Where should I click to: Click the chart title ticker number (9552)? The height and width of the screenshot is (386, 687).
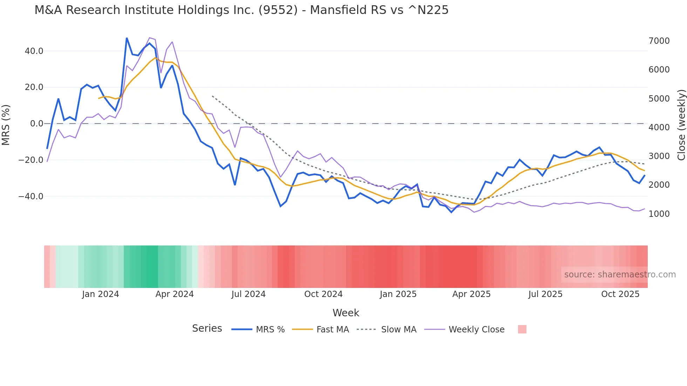(278, 10)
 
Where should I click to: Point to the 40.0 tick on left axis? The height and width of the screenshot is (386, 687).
(34, 51)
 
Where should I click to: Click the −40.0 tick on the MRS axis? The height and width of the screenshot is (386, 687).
(31, 197)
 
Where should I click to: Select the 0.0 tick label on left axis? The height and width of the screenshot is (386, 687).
(37, 124)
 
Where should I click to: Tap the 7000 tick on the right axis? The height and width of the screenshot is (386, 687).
(659, 41)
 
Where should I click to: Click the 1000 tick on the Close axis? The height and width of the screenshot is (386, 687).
(659, 214)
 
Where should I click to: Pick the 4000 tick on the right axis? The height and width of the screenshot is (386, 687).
(659, 127)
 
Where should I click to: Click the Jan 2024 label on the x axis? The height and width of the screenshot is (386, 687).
(101, 294)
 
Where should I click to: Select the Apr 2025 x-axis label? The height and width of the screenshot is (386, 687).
(471, 294)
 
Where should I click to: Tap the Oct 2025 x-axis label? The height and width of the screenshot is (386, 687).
(620, 294)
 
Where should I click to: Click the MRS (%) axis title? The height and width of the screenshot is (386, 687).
(6, 125)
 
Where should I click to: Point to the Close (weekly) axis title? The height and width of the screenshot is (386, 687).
(681, 125)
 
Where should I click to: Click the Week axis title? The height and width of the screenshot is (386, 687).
(346, 313)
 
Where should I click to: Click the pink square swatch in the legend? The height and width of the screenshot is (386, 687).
(522, 329)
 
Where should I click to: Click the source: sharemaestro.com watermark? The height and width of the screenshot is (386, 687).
(620, 275)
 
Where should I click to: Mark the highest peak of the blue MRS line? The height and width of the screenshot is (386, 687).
(127, 38)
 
